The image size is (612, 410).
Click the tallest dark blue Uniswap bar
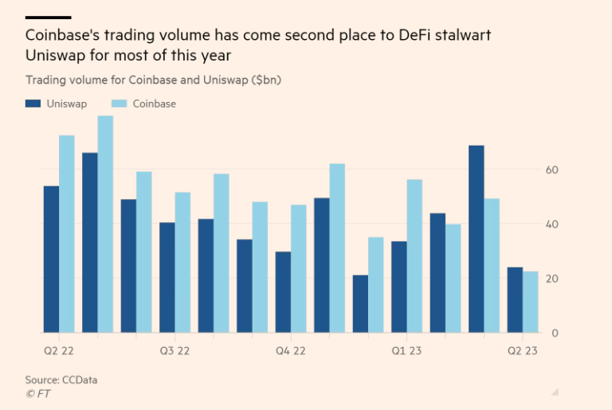coord(477,239)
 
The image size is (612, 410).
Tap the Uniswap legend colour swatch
coord(33,103)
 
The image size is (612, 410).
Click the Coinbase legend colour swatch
coord(120,103)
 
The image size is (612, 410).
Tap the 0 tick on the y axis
coord(555,333)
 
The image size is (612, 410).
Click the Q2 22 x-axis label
coord(60,350)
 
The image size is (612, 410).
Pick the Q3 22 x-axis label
coord(175,350)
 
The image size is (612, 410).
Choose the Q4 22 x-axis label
coord(291,350)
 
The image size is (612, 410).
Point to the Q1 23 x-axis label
coord(406,350)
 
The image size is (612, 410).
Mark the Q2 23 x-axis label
coord(523,350)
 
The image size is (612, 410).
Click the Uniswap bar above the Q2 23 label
coord(515,300)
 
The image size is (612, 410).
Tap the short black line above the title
coord(48,17)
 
